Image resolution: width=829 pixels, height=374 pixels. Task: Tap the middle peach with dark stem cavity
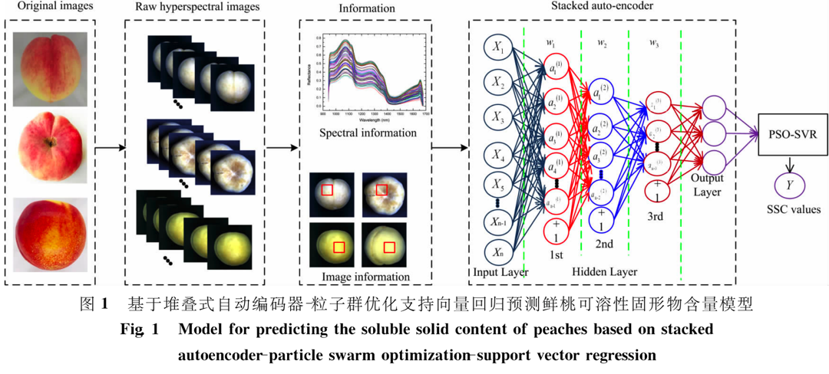coord(50,148)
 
